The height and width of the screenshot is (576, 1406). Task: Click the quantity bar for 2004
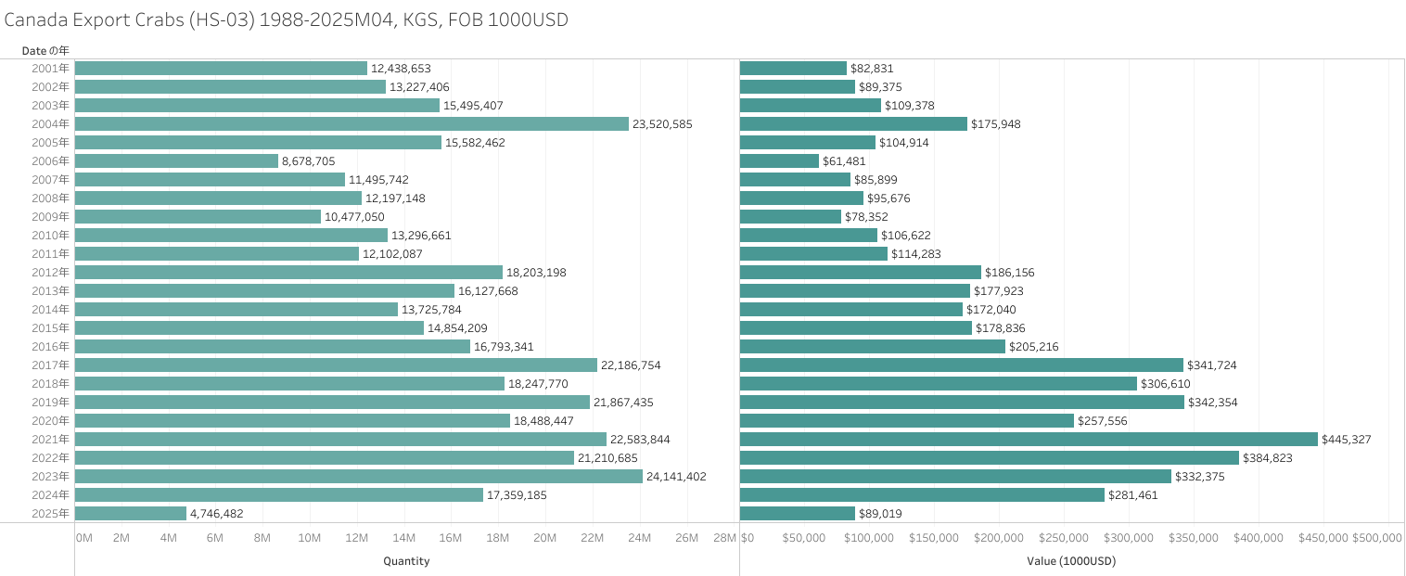click(351, 123)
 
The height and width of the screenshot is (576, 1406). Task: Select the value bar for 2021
click(1029, 439)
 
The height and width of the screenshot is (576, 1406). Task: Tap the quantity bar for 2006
click(176, 160)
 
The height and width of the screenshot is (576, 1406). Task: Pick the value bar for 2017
click(962, 365)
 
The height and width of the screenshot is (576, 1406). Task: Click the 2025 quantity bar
click(131, 513)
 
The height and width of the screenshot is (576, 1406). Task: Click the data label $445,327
click(1347, 439)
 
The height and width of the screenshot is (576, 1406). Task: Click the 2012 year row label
click(50, 272)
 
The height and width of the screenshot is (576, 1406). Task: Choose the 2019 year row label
click(50, 402)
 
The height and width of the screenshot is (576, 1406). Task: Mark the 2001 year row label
click(50, 68)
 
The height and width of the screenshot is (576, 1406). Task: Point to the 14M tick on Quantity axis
click(403, 538)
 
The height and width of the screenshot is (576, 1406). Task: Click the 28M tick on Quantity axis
click(724, 538)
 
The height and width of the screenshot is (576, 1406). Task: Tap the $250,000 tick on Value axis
click(1064, 538)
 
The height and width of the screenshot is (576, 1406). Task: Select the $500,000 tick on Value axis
click(1376, 538)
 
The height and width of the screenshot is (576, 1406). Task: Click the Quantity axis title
click(406, 561)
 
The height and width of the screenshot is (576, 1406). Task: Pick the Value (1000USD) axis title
click(1071, 561)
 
